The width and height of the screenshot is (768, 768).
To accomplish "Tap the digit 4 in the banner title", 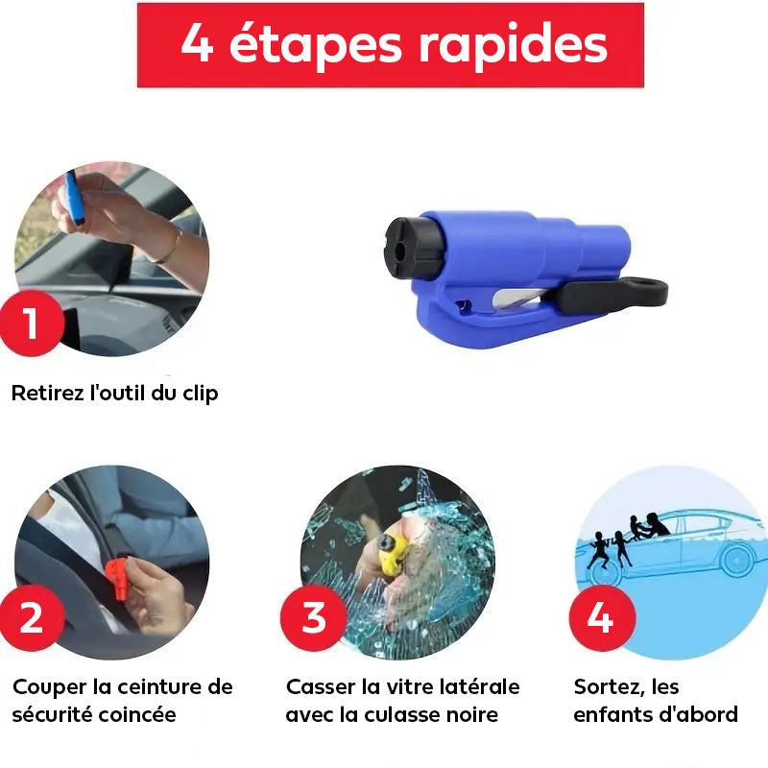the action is [197, 42].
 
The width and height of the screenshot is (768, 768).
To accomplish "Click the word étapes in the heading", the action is [316, 44].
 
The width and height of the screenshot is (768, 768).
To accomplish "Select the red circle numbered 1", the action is [32, 323].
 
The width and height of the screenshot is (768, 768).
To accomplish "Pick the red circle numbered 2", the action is [32, 617].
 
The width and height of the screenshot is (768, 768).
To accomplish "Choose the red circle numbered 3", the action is [314, 617].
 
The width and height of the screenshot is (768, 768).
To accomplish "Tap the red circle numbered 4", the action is [602, 617].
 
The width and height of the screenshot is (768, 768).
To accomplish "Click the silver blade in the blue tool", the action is [520, 299].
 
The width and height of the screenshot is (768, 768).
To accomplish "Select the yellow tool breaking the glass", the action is [393, 555].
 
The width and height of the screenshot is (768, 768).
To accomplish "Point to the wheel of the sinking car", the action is [737, 559].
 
